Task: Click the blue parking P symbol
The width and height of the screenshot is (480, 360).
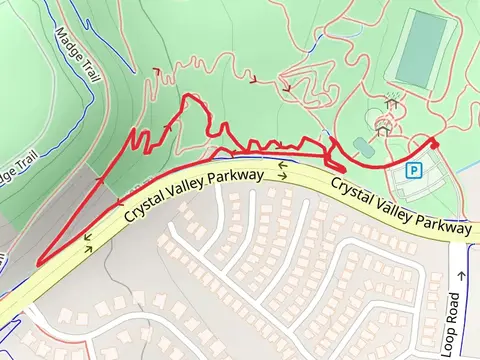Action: coord(413,171)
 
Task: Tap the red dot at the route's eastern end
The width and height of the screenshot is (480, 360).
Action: coord(434,145)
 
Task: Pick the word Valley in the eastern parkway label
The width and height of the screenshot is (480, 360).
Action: coord(394,207)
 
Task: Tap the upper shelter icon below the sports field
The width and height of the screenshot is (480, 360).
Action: coord(392,102)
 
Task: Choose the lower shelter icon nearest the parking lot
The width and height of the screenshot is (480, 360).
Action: coord(381,129)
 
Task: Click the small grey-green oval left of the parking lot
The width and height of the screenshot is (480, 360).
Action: coord(363,147)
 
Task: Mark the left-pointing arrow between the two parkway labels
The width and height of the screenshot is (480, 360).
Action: coord(282,164)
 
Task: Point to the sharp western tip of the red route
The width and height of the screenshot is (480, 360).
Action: coord(37,264)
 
